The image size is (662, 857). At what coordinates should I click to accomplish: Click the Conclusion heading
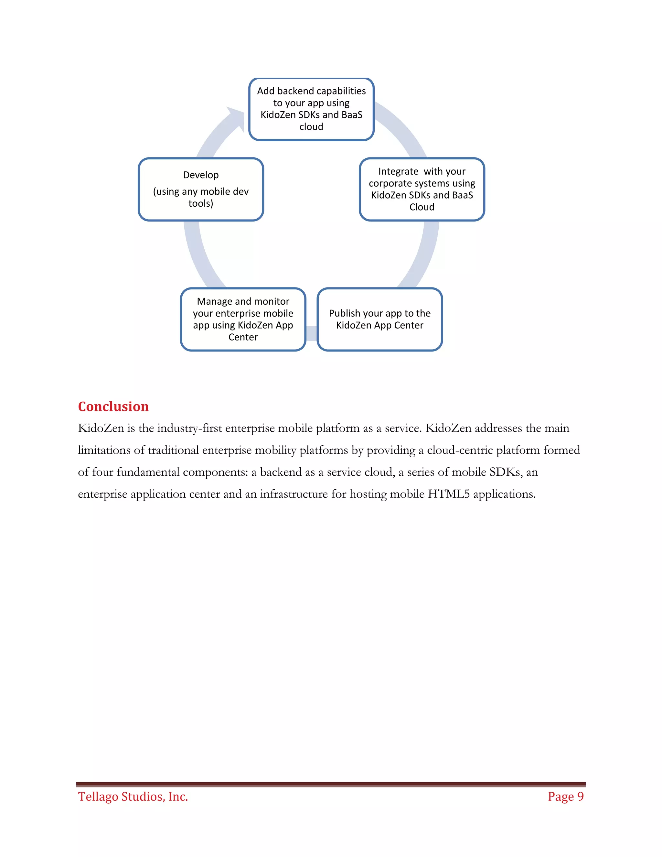(113, 407)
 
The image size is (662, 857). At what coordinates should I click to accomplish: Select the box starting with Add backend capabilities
(311, 109)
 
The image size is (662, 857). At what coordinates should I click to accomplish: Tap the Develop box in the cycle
(201, 190)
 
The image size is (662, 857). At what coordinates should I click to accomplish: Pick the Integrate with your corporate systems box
(422, 190)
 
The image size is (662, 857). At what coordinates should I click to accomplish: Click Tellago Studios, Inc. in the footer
(133, 796)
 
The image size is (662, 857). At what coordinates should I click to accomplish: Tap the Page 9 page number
(566, 796)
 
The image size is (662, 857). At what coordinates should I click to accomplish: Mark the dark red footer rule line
(331, 784)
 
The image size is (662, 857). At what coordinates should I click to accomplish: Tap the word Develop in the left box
(201, 175)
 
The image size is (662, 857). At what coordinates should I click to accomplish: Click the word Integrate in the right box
(398, 171)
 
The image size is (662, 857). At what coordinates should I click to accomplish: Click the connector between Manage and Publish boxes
(311, 333)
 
